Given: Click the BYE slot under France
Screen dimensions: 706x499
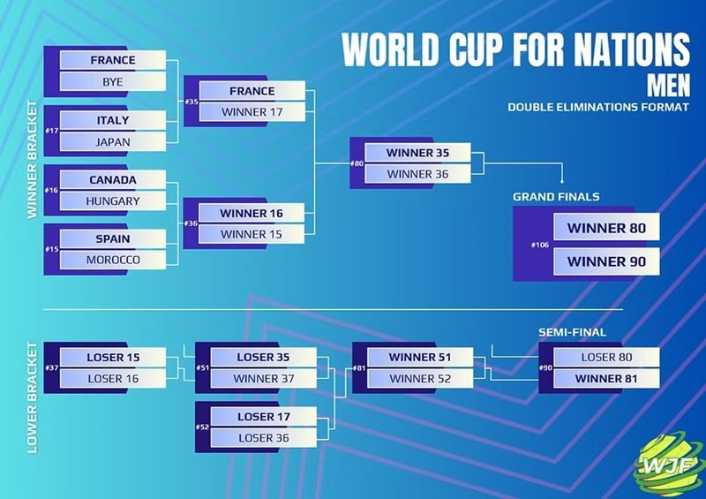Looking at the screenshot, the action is coord(113,81).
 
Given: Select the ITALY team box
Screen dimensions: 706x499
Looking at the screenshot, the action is coord(113,120).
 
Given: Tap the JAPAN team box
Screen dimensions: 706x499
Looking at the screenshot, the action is coord(113,142).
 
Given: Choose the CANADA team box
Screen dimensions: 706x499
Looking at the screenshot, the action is coord(113,180).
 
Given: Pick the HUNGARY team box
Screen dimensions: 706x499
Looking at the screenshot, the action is coord(113,201).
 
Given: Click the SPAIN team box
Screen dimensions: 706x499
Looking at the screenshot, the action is coord(113,239).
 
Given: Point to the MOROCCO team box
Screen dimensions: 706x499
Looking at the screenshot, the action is coord(113,260).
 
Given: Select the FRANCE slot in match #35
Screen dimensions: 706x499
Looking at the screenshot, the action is coord(252,91).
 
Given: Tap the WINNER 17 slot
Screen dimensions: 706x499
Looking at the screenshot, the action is coord(252,112).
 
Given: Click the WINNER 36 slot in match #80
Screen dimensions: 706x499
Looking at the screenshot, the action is coord(417,174).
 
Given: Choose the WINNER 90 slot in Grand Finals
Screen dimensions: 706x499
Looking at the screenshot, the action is coord(606,261).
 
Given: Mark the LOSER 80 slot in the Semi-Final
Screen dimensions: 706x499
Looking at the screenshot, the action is coord(606,358).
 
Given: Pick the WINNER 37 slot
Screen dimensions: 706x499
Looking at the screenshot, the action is coord(263,379).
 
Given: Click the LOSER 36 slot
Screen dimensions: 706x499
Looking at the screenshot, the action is coord(263,438).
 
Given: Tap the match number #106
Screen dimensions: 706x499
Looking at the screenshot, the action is coord(540,245).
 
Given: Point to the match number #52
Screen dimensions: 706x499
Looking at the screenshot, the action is coord(203,427).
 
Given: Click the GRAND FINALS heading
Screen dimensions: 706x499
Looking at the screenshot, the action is coord(556,197).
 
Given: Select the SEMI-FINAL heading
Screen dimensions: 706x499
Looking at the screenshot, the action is coord(572,333).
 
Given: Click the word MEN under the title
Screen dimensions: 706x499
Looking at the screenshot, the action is coord(668,85).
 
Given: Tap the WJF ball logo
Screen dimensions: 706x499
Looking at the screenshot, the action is coord(668,465).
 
